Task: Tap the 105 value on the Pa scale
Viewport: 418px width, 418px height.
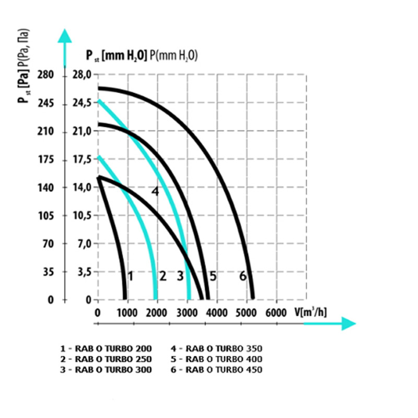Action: [46, 215]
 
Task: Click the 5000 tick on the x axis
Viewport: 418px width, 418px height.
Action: [246, 312]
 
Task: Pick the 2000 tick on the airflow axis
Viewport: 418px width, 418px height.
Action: [156, 312]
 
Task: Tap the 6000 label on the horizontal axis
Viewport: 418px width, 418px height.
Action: [276, 312]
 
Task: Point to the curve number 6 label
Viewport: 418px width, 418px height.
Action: [242, 276]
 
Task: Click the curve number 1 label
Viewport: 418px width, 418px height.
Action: [130, 276]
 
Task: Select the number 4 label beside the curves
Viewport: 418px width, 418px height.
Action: [155, 191]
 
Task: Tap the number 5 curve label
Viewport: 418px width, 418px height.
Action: [213, 276]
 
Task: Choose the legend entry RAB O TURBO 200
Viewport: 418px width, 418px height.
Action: [106, 347]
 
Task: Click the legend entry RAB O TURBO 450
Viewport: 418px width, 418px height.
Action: [216, 370]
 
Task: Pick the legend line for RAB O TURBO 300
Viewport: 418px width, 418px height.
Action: [106, 370]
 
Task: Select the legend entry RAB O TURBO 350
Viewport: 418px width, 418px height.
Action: [216, 347]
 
